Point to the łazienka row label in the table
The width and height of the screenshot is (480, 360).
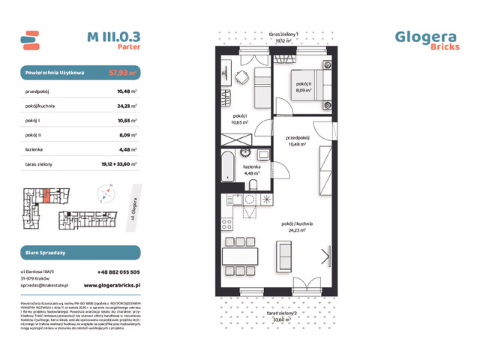tap(37, 148)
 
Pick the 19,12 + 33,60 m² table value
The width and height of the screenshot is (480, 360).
tap(118, 163)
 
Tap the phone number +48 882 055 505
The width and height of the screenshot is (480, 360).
tap(118, 271)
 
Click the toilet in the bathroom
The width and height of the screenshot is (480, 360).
tap(253, 184)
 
